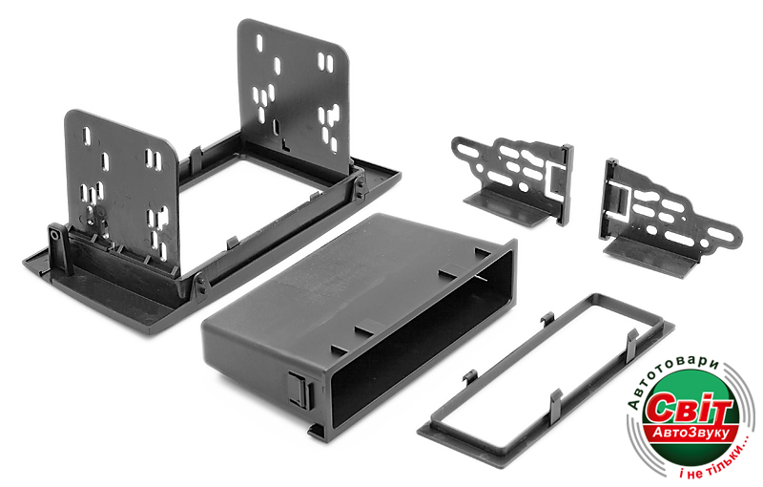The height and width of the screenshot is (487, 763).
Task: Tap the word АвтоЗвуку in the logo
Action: point(691,433)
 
